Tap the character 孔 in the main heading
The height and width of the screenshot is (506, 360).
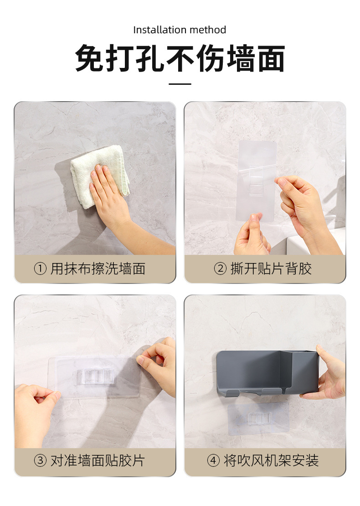pos(150,58)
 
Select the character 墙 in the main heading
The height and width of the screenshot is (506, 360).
pos(241,58)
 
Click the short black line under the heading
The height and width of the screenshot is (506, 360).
pos(180,84)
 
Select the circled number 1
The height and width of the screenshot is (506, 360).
pos(40,268)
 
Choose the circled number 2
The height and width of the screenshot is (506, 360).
pos(220,268)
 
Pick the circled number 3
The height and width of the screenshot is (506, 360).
pos(40,460)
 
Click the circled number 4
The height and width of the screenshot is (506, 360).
pos(213,460)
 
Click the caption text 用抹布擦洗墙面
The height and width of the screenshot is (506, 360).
pos(98,268)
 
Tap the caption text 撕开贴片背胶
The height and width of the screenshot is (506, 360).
pos(271,268)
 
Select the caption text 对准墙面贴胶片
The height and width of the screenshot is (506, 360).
pos(98,460)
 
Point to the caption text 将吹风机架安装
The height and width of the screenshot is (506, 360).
pos(271,460)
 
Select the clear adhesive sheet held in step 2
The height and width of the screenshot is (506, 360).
pos(257,181)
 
